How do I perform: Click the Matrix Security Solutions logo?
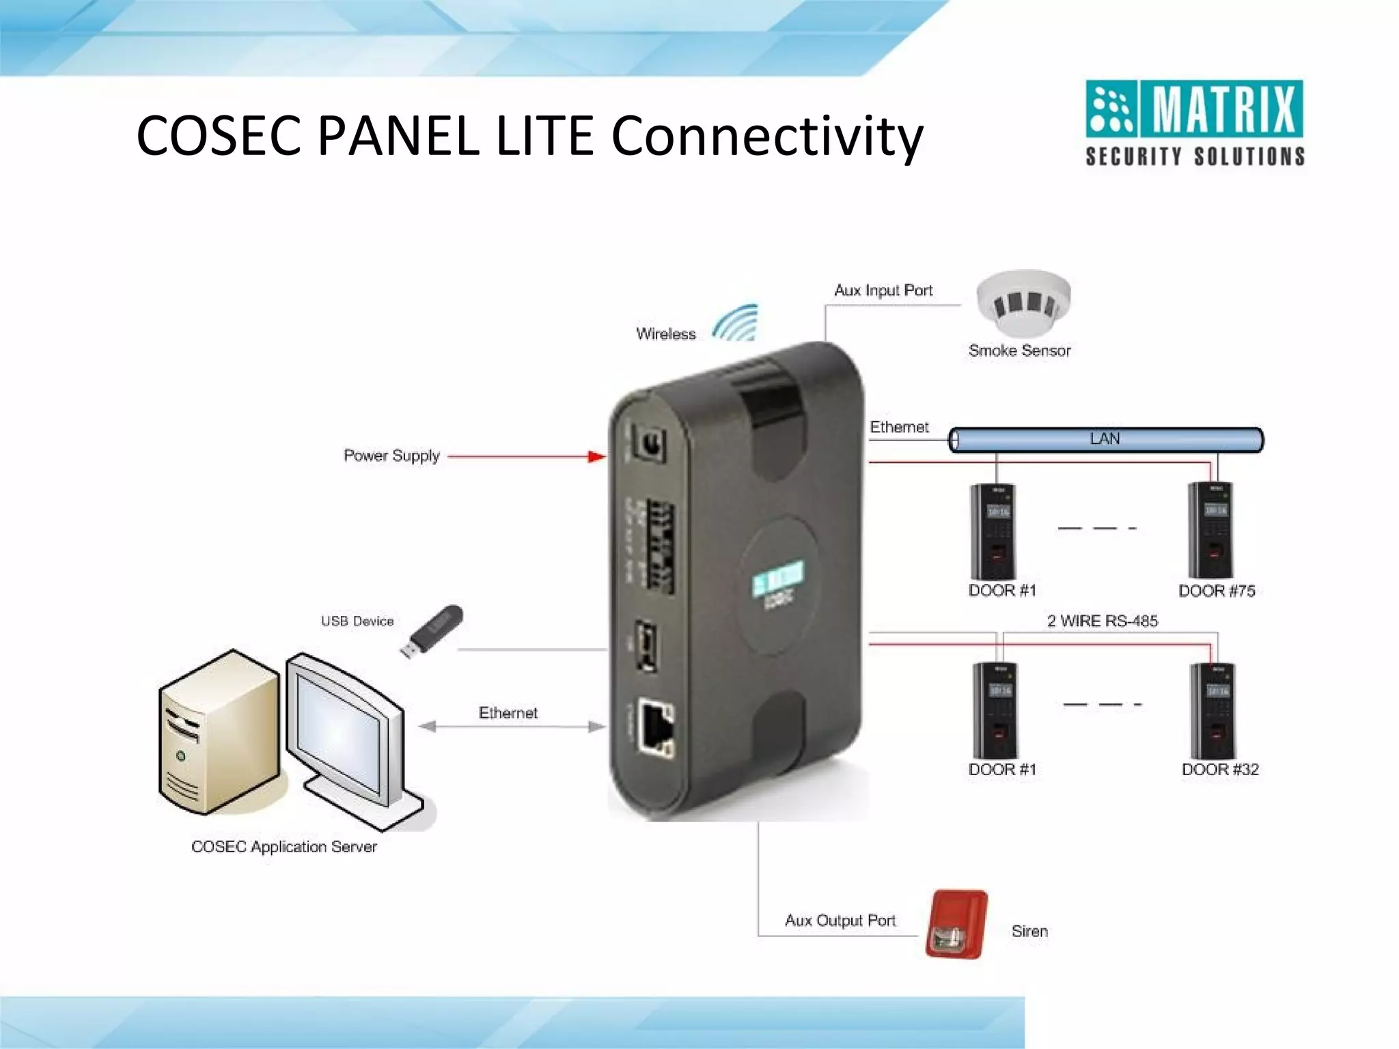click(1194, 123)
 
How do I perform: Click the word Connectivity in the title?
click(766, 136)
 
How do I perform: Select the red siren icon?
click(956, 923)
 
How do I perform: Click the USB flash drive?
click(432, 631)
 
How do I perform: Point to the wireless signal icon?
click(736, 324)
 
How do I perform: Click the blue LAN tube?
click(1105, 440)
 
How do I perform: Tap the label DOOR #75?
click(1217, 591)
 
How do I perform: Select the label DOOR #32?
click(1220, 770)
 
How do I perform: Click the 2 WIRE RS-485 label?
click(1102, 621)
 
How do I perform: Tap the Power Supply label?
click(391, 456)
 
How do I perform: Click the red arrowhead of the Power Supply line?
click(596, 456)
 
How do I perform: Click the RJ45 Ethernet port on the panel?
click(656, 727)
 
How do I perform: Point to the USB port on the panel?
click(646, 645)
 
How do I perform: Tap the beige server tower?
click(219, 734)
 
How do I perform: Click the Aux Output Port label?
click(840, 921)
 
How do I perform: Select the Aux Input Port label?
click(883, 290)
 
